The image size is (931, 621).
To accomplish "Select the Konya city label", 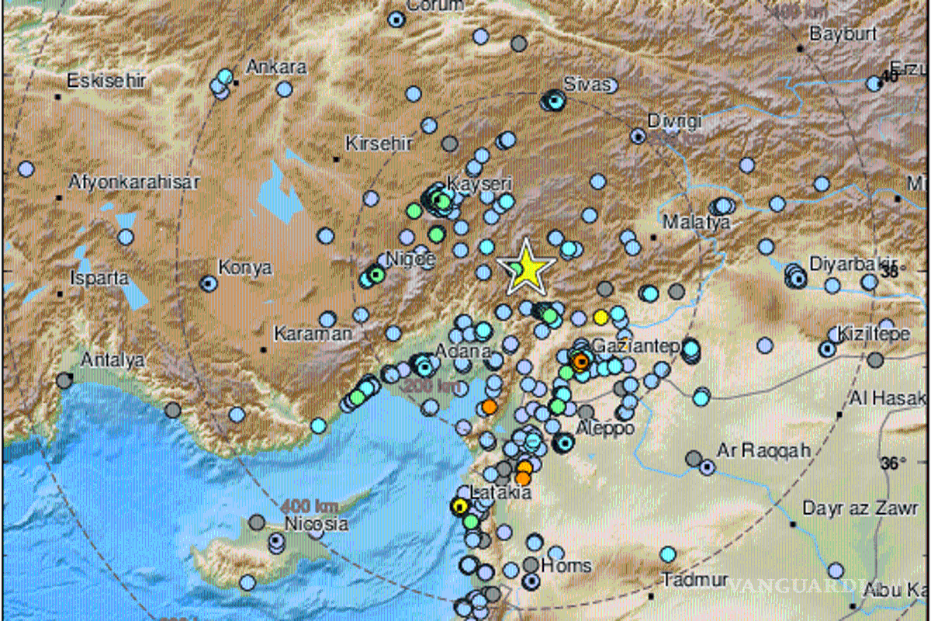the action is click(244, 268).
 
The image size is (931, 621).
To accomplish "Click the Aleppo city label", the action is click(606, 428).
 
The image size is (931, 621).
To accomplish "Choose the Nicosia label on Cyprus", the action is click(316, 524).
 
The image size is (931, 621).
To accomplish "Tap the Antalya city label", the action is click(113, 360).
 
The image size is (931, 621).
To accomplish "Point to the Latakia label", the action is click(501, 493).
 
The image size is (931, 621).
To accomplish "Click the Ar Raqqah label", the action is click(752, 449).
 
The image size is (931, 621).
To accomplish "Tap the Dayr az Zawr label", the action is click(850, 509).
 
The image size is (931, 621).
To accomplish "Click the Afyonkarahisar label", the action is click(134, 182).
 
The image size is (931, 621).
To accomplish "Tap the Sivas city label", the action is click(587, 84).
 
